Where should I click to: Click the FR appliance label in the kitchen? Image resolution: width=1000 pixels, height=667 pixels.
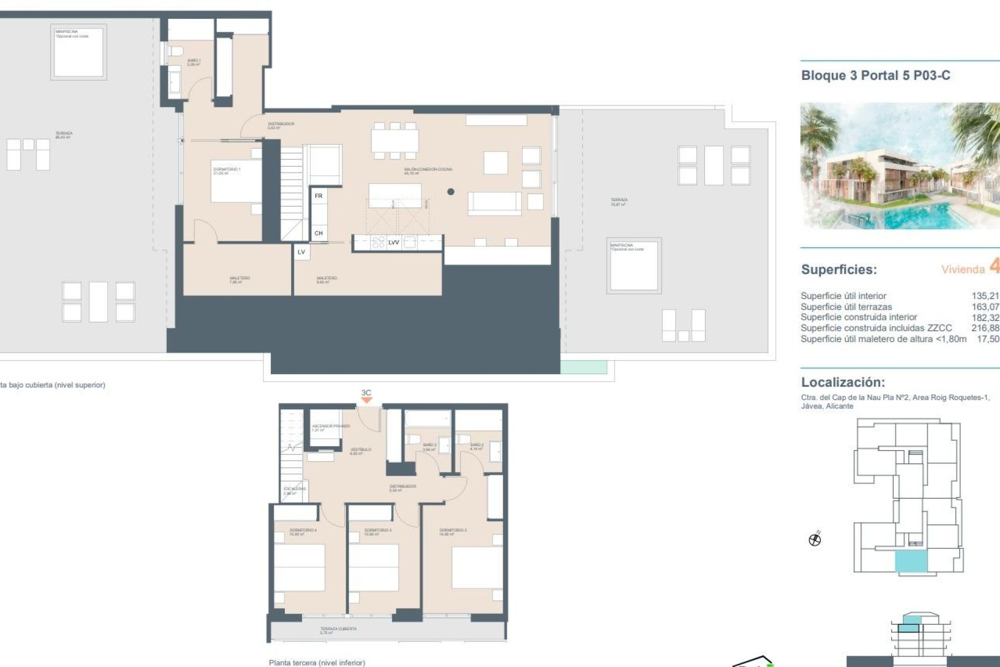click(x=318, y=196)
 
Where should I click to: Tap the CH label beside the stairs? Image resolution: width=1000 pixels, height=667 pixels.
click(x=318, y=233)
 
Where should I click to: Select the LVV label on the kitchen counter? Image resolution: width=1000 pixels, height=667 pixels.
click(x=394, y=242)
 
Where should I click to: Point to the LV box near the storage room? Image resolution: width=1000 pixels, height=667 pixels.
click(x=301, y=252)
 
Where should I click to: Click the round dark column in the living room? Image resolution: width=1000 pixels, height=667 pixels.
click(x=451, y=192)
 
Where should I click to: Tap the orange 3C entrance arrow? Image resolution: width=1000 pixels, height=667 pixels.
click(x=367, y=400)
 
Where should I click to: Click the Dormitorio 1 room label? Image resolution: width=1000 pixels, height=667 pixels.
click(x=227, y=170)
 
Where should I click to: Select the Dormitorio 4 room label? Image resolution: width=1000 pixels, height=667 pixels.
click(x=303, y=531)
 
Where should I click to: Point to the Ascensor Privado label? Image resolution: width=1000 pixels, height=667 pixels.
click(x=331, y=427)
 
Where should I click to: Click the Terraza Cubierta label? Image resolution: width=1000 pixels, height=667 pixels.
click(x=338, y=629)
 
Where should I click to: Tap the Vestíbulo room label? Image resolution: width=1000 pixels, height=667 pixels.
click(x=360, y=450)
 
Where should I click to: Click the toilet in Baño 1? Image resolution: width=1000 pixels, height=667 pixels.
click(x=176, y=52)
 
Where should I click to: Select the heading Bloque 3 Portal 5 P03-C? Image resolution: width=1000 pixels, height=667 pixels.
click(x=875, y=76)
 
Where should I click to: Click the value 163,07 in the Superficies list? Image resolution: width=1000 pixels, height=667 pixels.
click(x=985, y=307)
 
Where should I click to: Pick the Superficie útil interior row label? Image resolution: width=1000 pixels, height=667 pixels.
click(x=843, y=295)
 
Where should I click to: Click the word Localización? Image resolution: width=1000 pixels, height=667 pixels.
click(x=843, y=382)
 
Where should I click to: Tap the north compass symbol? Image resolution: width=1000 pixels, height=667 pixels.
click(x=815, y=539)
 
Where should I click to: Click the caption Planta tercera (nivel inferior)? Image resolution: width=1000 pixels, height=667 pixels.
click(x=317, y=662)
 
